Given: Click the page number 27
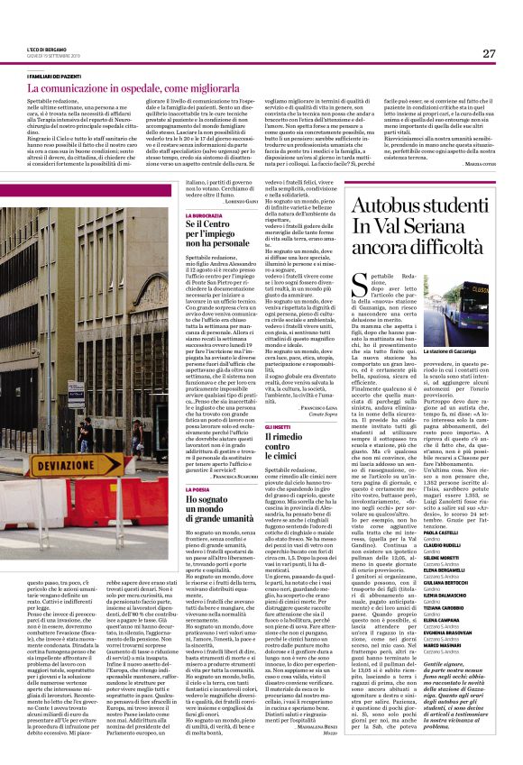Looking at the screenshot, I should (489, 54).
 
